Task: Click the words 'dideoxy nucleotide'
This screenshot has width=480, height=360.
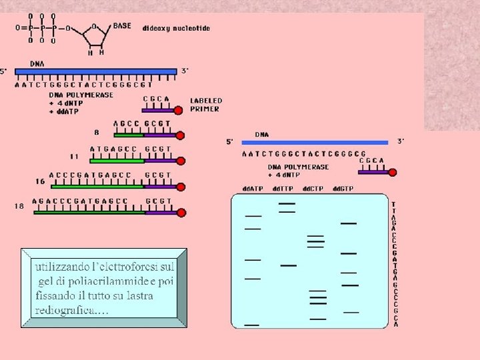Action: click(x=176, y=28)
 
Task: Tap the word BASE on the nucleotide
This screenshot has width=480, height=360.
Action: click(x=122, y=25)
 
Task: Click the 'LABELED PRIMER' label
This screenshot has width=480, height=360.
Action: click(x=206, y=105)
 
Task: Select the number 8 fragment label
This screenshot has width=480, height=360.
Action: click(x=97, y=132)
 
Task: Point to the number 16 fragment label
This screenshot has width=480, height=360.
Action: click(x=41, y=181)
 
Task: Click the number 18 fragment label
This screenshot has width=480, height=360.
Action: click(x=19, y=206)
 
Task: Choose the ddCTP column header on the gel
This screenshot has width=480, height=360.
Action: click(x=313, y=189)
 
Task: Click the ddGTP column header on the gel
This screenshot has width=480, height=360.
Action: click(x=344, y=189)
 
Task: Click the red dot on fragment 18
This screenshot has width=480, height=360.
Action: click(x=181, y=213)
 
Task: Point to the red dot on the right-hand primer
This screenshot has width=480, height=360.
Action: click(x=393, y=172)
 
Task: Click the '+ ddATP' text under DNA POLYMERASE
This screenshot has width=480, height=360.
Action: click(x=64, y=111)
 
